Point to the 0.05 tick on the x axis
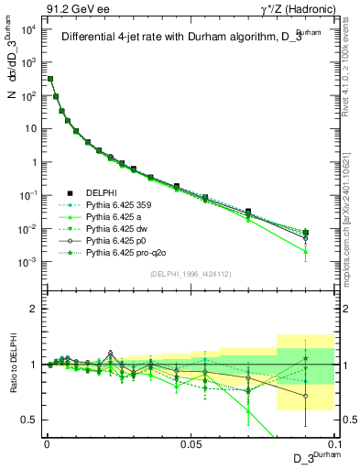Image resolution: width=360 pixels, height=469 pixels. click(191, 442)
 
